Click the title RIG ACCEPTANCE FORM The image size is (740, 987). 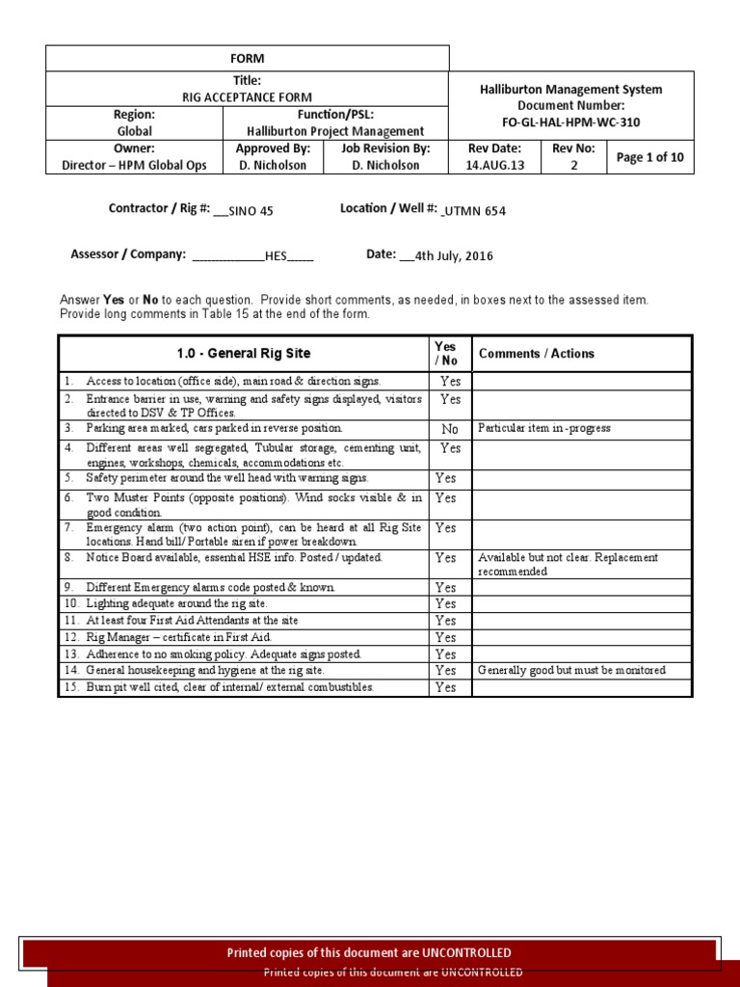click(x=248, y=97)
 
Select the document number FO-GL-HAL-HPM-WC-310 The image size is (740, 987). click(x=571, y=122)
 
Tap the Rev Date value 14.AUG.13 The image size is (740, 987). click(x=494, y=165)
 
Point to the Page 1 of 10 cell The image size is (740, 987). click(x=649, y=157)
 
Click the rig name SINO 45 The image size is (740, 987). click(x=253, y=212)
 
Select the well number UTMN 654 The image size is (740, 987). click(x=475, y=211)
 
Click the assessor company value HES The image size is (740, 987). click(x=277, y=257)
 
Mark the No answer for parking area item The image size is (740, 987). click(x=450, y=429)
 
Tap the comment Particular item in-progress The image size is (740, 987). click(x=544, y=428)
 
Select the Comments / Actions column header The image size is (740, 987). click(x=537, y=354)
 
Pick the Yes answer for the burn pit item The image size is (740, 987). click(x=445, y=687)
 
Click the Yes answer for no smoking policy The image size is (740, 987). click(x=445, y=654)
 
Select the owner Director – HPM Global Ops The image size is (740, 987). click(x=134, y=165)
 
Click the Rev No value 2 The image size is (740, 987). click(x=573, y=165)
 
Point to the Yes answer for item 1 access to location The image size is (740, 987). click(x=450, y=382)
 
